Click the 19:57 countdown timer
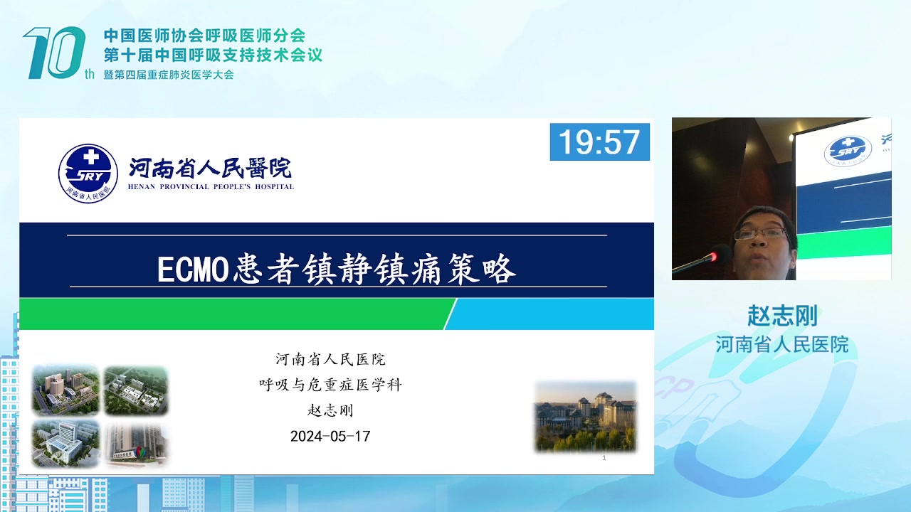[599, 142]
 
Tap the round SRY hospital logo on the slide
[88, 173]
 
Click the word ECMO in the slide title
[193, 269]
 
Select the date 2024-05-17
[330, 437]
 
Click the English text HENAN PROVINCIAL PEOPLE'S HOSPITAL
[211, 187]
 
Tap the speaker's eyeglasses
[760, 234]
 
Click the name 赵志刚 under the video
[782, 316]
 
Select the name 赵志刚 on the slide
[330, 410]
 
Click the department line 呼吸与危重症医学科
[330, 385]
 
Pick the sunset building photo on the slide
[585, 417]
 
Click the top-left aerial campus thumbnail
[65, 390]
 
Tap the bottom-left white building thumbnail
[65, 443]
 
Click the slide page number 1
[604, 458]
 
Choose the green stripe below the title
[236, 314]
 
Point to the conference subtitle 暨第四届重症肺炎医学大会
[169, 75]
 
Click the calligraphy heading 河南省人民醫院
[210, 168]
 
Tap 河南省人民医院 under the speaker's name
[782, 345]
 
